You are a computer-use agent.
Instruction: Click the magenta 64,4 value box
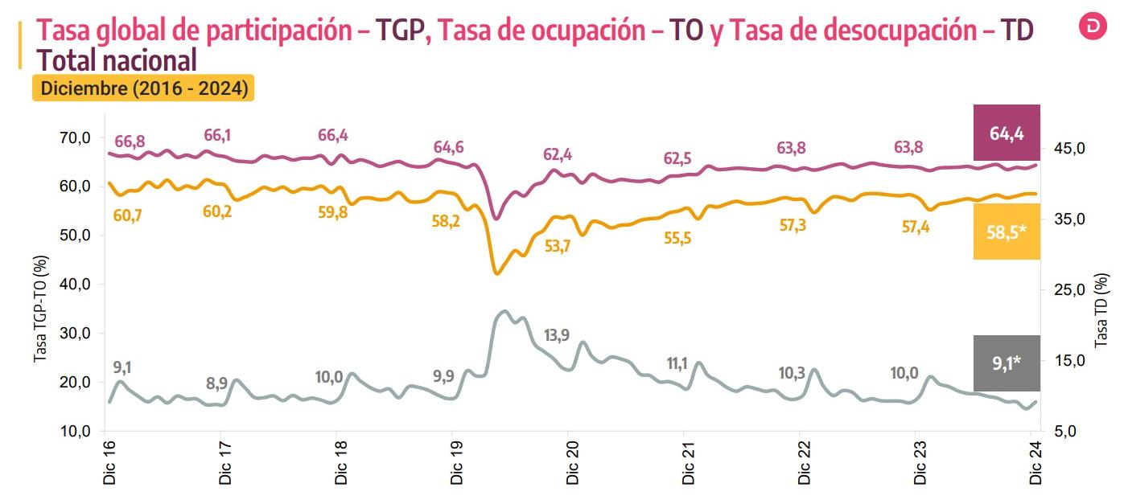pyautogui.click(x=1007, y=133)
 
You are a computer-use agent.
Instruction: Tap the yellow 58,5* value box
pyautogui.click(x=1007, y=232)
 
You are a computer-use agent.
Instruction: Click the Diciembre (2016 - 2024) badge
pyautogui.click(x=142, y=88)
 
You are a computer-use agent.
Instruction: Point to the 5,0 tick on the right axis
pyautogui.click(x=1064, y=432)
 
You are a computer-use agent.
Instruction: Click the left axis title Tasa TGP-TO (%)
pyautogui.click(x=40, y=309)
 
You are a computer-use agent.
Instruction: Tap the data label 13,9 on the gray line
pyautogui.click(x=557, y=335)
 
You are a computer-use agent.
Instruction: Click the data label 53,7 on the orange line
pyautogui.click(x=557, y=247)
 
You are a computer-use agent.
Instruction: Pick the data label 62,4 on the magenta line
pyautogui.click(x=558, y=154)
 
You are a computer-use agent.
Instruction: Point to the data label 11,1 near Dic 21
pyautogui.click(x=677, y=363)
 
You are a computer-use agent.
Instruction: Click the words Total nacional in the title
pyautogui.click(x=117, y=60)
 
